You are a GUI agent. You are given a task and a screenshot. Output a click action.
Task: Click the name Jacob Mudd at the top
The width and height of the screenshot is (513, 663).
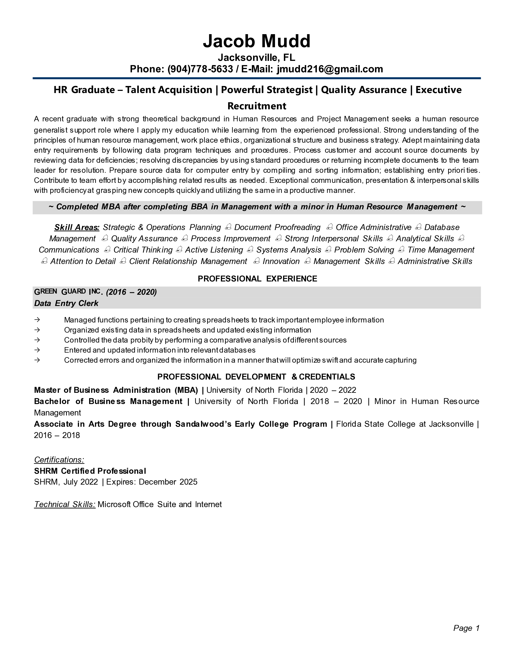point(256,41)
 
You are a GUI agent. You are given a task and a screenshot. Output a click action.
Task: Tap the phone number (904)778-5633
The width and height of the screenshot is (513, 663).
point(200,69)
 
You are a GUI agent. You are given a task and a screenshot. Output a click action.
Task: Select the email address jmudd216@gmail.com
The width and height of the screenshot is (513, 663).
point(330,69)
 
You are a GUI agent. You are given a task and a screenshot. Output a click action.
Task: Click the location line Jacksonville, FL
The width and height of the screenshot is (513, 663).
point(256,57)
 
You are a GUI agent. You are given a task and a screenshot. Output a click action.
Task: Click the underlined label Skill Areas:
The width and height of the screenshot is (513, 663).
point(77,227)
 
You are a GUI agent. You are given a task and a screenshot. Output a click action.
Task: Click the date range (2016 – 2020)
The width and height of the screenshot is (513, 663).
point(131,292)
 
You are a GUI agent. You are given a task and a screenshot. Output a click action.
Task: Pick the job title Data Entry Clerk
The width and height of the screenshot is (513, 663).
point(66,303)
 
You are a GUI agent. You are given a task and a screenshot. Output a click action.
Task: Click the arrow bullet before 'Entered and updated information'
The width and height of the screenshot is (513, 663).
point(37,350)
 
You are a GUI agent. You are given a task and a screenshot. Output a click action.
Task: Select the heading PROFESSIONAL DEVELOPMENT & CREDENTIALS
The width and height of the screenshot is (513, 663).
point(256,377)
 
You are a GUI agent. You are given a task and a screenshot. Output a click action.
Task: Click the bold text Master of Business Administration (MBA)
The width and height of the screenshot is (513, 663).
point(116,390)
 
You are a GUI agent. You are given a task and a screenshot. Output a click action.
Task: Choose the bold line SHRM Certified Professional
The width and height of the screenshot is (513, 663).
point(90,471)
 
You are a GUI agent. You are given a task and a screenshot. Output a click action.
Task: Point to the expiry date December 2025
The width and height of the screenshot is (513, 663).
point(168,482)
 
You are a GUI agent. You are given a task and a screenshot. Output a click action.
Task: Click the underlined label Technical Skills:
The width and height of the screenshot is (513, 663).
point(65,504)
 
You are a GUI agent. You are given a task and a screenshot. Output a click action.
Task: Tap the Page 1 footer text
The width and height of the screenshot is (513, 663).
point(466,628)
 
